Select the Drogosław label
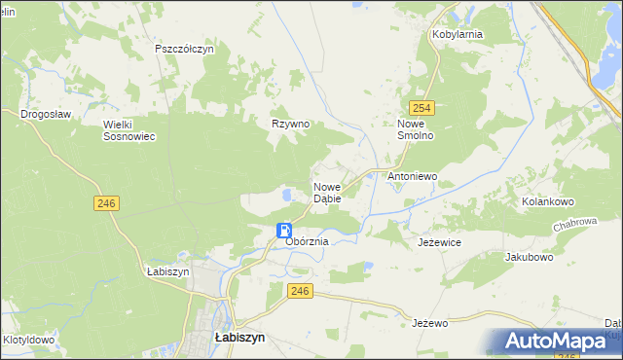click(47, 114)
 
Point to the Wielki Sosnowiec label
click(129, 130)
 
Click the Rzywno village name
click(290, 124)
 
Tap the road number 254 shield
click(421, 109)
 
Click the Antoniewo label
click(413, 177)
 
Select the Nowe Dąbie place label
click(326, 193)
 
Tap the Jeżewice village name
click(439, 241)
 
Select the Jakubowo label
click(529, 258)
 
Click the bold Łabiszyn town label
click(239, 339)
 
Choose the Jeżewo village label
click(429, 322)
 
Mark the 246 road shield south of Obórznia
click(300, 290)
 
